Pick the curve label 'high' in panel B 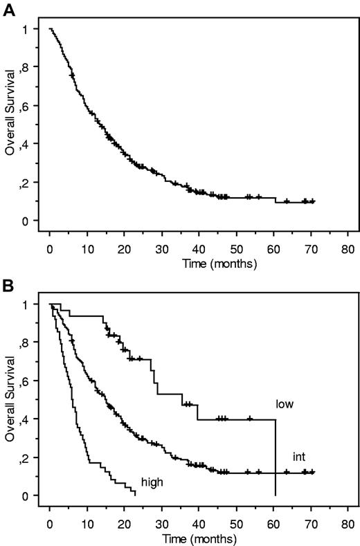(x=152, y=480)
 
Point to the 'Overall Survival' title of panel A (x=10, y=125)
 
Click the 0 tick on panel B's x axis (x=50, y=521)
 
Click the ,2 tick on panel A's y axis (x=30, y=183)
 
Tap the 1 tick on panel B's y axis (x=33, y=304)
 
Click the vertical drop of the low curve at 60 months (x=276, y=457)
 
